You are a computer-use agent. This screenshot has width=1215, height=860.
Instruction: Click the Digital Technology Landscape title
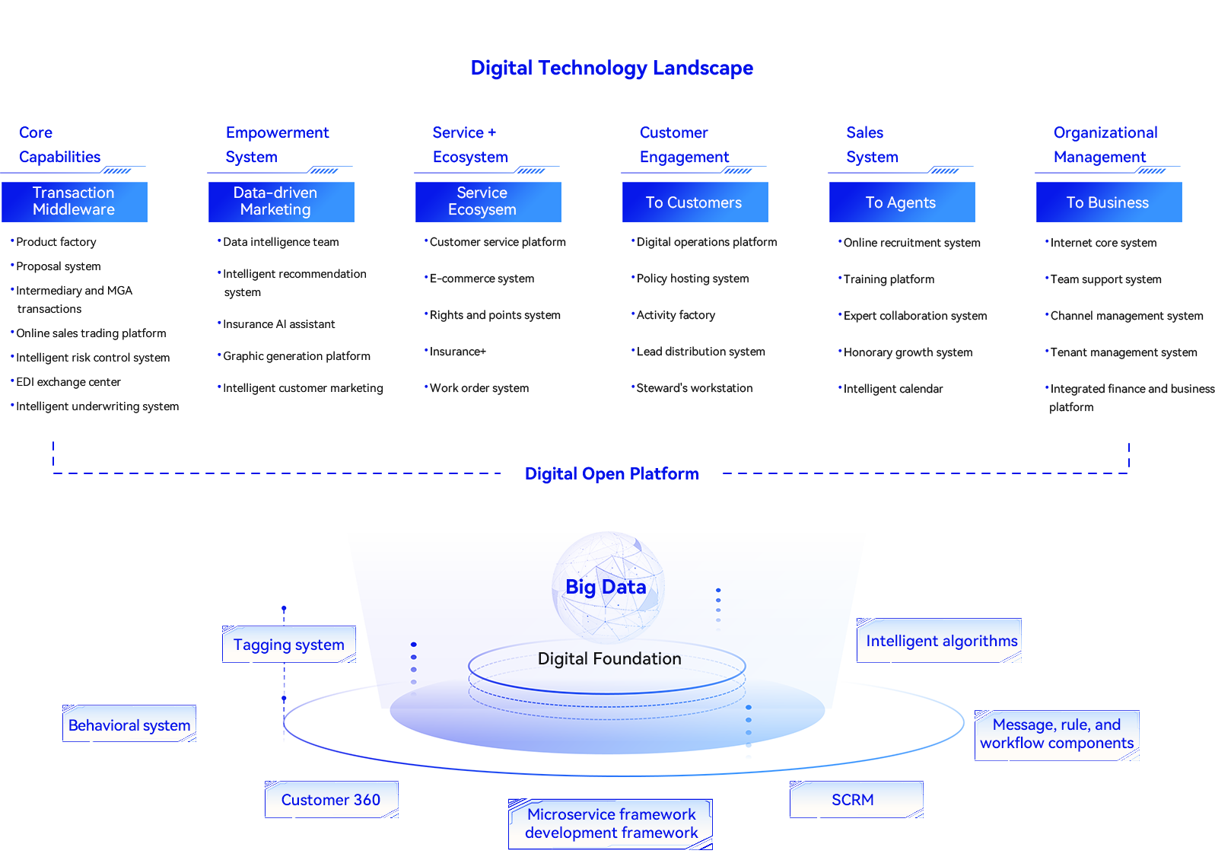coord(612,68)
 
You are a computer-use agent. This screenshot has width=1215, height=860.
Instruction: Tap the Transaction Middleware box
coord(74,201)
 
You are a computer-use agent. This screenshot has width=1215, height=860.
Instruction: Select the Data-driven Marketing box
coord(275,201)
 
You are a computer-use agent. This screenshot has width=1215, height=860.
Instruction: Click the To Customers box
coord(694,202)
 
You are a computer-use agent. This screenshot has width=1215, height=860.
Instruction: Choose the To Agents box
coord(901,202)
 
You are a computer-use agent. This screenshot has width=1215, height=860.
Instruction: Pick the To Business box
coord(1108,202)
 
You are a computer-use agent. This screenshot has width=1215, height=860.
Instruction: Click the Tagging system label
coord(289,645)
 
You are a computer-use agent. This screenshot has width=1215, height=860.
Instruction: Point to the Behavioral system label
coord(129,725)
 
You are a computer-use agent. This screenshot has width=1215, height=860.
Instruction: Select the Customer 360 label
coord(331,800)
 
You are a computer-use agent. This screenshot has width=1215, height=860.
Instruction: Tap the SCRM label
coord(853,800)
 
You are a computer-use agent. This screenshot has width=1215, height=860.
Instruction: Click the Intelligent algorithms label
coord(941,641)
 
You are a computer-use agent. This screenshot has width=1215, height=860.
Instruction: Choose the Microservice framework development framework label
coord(611,823)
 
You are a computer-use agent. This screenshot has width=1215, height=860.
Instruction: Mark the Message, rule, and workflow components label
coord(1057,734)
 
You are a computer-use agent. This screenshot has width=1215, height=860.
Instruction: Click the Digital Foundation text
coord(609,659)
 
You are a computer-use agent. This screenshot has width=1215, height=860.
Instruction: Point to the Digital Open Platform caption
coord(611,474)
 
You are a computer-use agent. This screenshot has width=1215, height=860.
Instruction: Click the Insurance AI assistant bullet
coord(278,324)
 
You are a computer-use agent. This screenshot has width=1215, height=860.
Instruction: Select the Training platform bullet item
coord(889,279)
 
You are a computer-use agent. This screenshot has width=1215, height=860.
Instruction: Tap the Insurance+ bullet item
coord(458,352)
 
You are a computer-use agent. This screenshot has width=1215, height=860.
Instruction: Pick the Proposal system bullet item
coord(59,266)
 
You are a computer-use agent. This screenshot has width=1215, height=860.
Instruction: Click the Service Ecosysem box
coord(482,201)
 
